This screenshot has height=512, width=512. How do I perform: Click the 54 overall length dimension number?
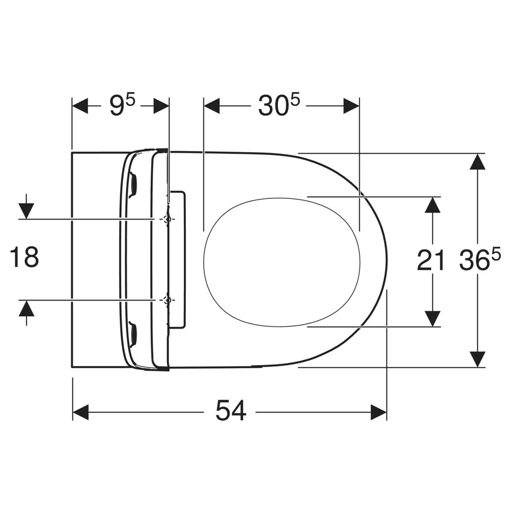(x=230, y=410)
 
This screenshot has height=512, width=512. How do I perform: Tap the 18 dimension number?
(x=25, y=257)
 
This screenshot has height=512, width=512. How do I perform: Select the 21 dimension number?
(x=431, y=260)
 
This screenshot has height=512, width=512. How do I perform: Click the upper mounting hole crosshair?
(x=167, y=219)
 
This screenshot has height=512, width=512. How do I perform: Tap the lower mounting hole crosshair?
(x=167, y=300)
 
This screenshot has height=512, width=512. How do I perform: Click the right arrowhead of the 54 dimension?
(x=378, y=412)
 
